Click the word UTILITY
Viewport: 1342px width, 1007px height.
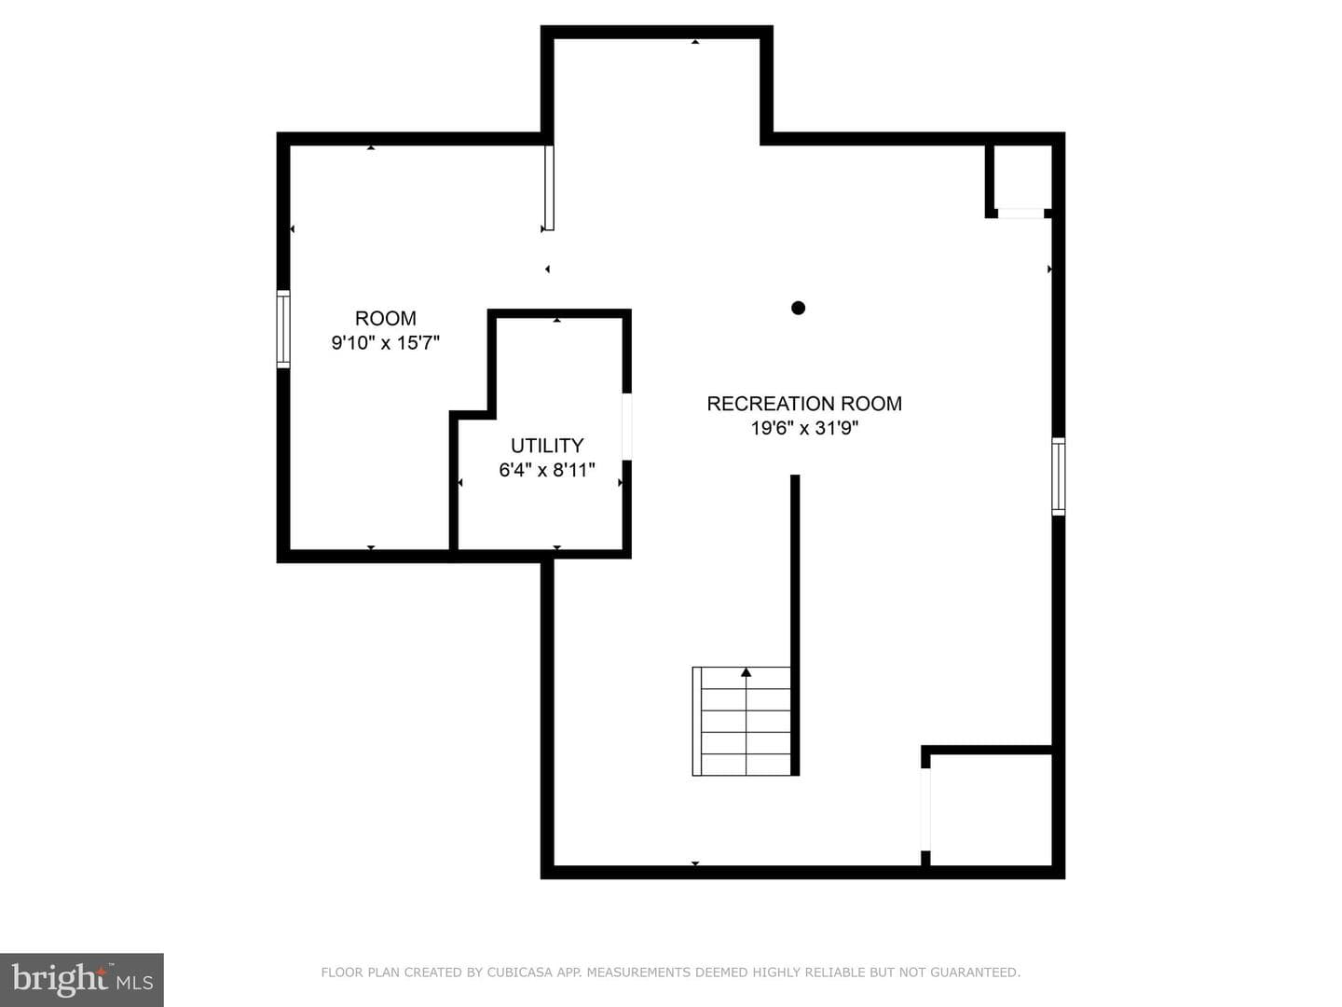pos(546,445)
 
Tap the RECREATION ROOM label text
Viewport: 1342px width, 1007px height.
pos(804,404)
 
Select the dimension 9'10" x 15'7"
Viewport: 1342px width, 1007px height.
pos(385,342)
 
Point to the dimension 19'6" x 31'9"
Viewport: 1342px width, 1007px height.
pos(804,428)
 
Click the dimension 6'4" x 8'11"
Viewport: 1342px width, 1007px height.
pos(546,470)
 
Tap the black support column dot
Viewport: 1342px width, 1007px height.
pos(798,308)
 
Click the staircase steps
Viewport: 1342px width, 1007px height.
pos(741,722)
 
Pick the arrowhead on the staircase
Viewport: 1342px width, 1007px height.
pos(746,672)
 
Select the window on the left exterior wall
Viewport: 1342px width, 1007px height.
pos(283,329)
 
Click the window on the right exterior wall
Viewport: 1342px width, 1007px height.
pos(1059,476)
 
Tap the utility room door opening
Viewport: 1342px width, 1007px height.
pos(626,426)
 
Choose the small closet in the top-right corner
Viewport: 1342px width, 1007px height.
pos(1021,177)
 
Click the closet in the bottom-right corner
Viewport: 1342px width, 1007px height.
pos(991,809)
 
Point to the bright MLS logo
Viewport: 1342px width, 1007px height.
pos(82,980)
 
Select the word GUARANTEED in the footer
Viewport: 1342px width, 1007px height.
pos(975,973)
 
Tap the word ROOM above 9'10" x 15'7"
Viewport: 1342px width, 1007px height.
pos(385,318)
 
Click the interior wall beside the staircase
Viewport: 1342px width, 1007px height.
pos(795,625)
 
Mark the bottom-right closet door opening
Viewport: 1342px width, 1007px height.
pos(925,809)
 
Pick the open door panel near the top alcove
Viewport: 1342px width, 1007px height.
pos(549,187)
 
